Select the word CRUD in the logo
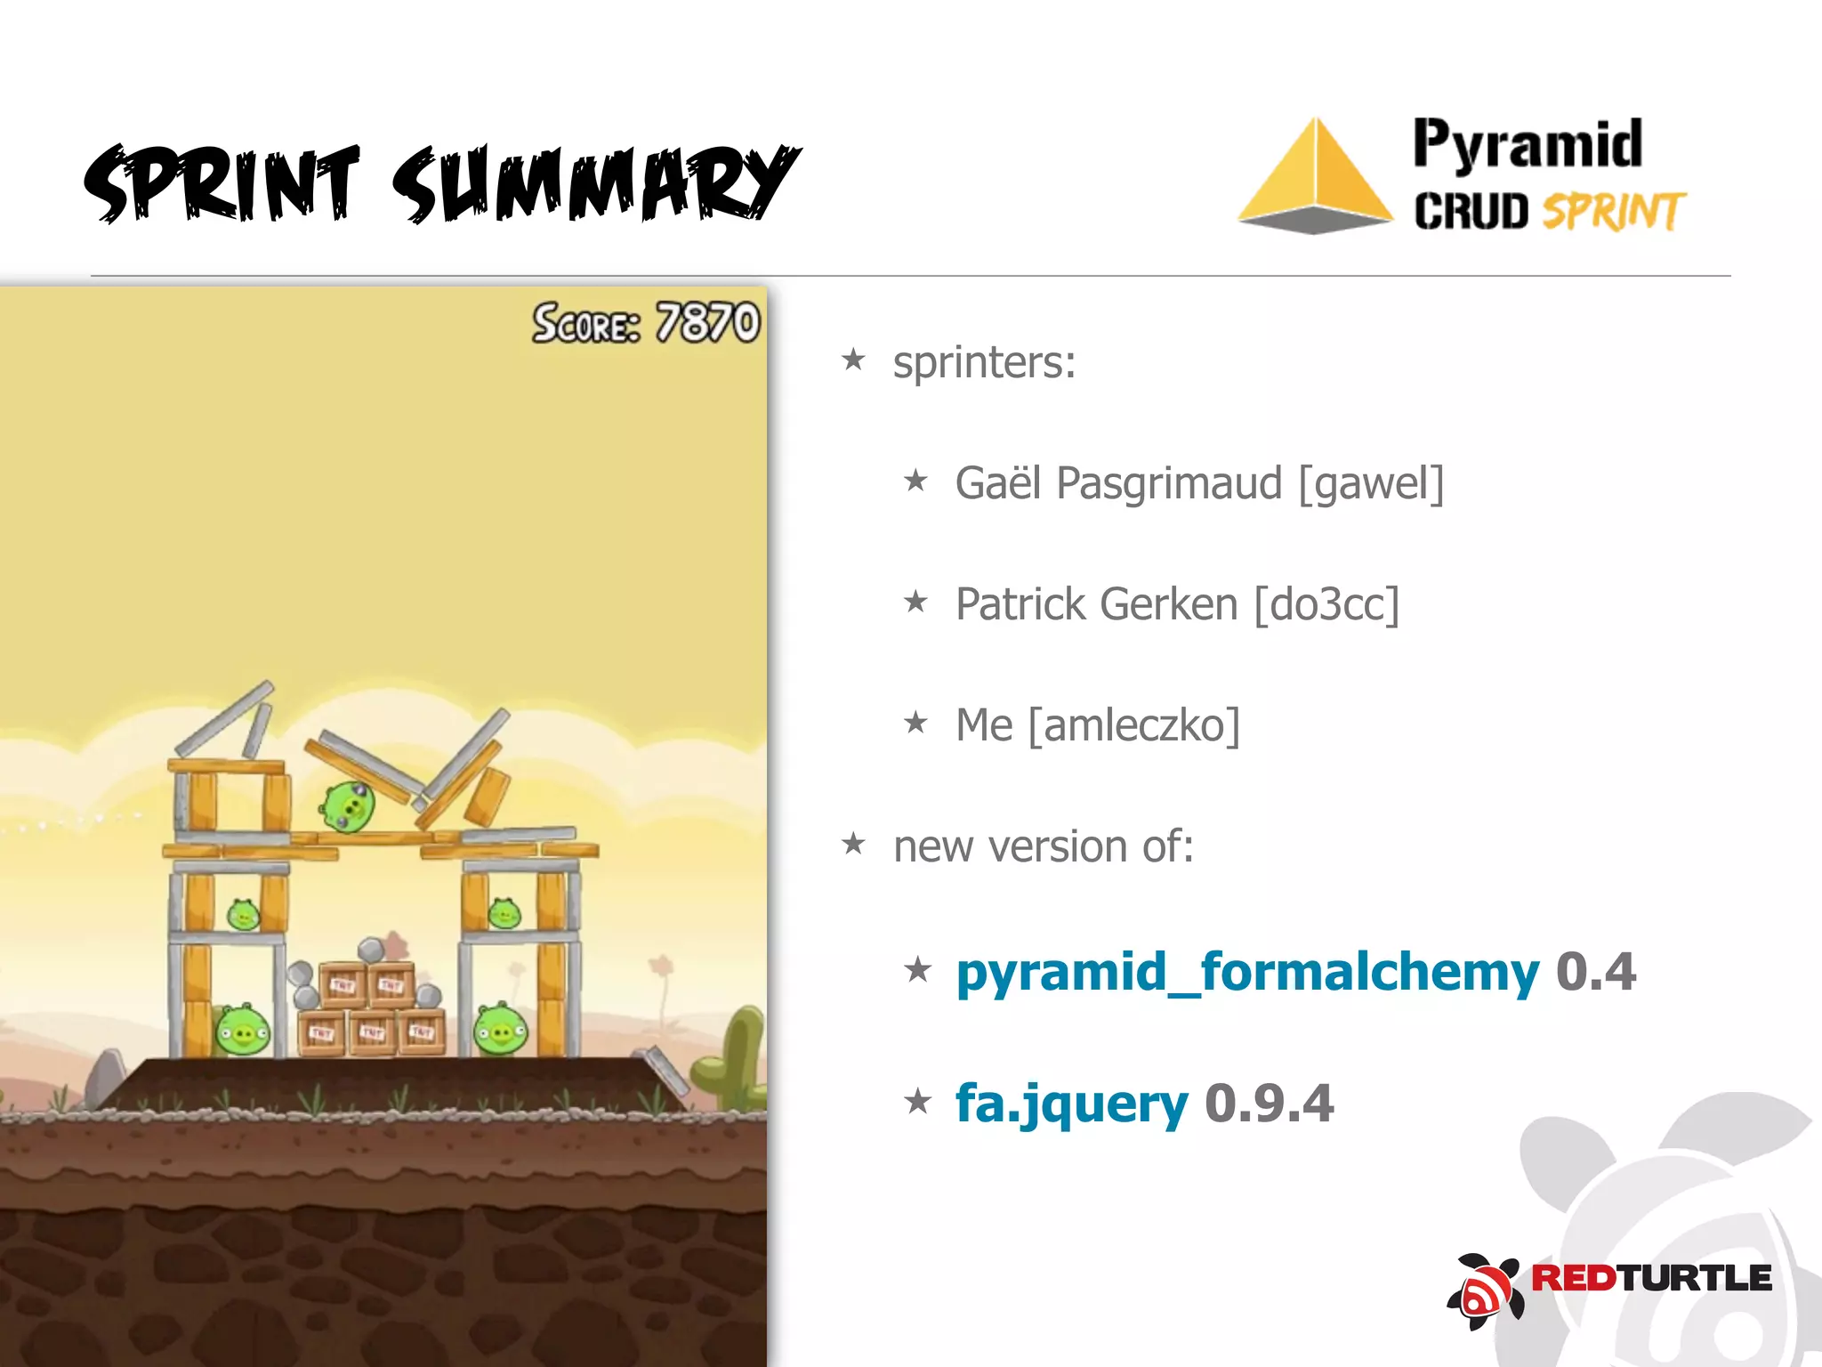click(x=1471, y=212)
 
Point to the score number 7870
click(x=708, y=322)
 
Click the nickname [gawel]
click(x=1371, y=484)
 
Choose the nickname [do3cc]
click(x=1326, y=605)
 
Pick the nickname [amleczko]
click(x=1133, y=726)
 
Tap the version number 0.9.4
click(x=1270, y=1104)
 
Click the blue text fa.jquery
click(x=1071, y=1104)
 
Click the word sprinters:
click(x=984, y=363)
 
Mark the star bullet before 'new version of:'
click(x=853, y=843)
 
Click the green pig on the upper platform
click(x=348, y=806)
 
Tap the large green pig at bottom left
click(x=242, y=1031)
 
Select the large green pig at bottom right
click(x=501, y=1030)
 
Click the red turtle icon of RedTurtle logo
click(x=1485, y=1290)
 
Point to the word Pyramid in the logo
click(x=1528, y=144)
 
